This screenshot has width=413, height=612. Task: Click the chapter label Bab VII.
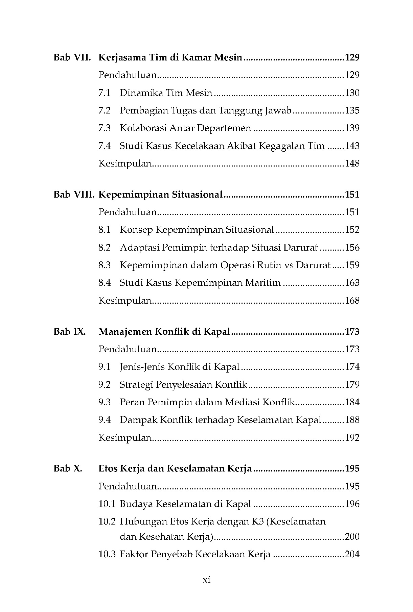pos(72,57)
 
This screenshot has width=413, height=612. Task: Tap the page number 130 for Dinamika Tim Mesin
pos(352,93)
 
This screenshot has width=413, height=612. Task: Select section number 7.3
pos(105,128)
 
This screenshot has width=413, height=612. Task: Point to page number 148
pos(352,163)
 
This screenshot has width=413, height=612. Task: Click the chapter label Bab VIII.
pos(74,195)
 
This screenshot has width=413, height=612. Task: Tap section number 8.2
pos(105,248)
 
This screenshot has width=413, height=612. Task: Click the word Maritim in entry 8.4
pos(265,283)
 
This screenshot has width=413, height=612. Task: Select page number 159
pos(352,265)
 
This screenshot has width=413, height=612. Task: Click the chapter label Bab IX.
pos(70,332)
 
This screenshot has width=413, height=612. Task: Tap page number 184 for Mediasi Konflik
pos(352,402)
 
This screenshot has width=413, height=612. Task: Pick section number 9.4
pos(105,420)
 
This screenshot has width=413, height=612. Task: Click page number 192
pos(352,438)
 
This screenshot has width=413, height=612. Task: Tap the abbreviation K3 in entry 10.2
pos(257,521)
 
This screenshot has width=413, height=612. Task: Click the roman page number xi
pos(206,580)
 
